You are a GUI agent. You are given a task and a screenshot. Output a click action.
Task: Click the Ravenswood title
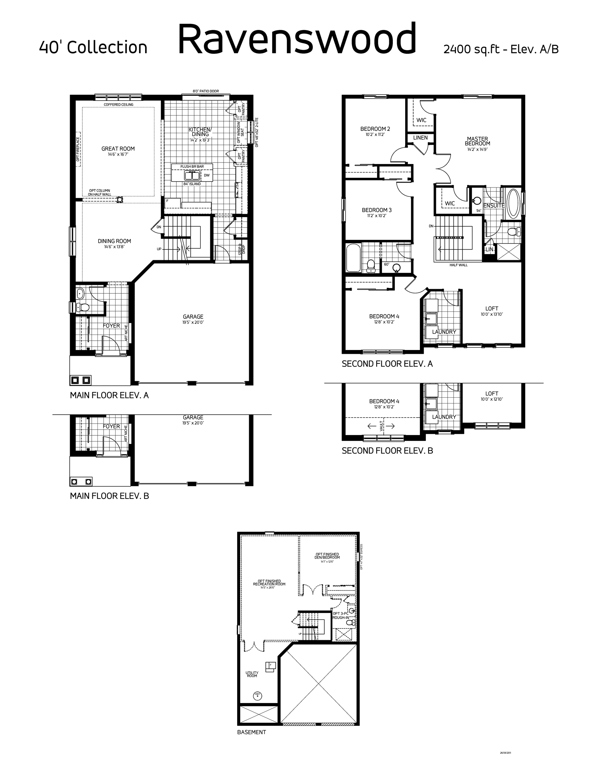(297, 38)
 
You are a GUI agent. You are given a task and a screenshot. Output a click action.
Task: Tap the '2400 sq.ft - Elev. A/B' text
(501, 49)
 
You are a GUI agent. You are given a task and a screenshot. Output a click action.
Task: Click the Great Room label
(118, 149)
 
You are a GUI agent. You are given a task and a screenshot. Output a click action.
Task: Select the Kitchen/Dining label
(200, 132)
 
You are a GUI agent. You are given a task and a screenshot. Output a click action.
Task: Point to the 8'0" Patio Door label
(206, 91)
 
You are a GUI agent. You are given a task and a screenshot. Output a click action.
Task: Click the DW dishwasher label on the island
(206, 176)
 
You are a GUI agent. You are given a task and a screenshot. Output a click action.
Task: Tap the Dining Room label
(114, 241)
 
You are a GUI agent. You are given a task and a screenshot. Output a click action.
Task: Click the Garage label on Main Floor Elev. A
(193, 317)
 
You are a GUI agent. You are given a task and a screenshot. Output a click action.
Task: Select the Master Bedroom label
(478, 141)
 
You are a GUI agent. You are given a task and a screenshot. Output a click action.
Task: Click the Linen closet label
(420, 137)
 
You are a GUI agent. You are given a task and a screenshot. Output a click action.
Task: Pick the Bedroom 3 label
(377, 210)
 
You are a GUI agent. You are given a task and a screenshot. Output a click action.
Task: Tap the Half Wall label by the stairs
(458, 265)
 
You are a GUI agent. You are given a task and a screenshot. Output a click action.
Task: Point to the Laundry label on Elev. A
(444, 332)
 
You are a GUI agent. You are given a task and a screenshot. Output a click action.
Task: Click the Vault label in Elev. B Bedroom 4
(382, 426)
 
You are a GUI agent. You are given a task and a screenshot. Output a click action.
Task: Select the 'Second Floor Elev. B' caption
(387, 450)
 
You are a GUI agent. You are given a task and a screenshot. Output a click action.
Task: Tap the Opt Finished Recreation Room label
(269, 583)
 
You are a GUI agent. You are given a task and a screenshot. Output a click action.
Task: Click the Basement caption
(251, 732)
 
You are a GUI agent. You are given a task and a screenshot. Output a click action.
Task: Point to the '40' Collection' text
(93, 47)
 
